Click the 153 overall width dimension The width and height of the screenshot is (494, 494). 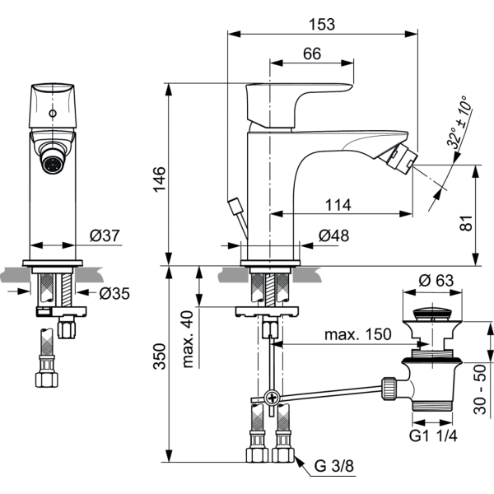[323, 24]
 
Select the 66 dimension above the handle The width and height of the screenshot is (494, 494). [311, 54]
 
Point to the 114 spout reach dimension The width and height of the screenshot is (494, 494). [338, 204]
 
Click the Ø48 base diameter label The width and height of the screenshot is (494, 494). [333, 236]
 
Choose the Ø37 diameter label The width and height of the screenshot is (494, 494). [105, 236]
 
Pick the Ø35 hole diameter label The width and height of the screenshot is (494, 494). [114, 292]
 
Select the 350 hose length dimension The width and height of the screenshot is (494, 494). [160, 357]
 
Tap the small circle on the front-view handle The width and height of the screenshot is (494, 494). [54, 113]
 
